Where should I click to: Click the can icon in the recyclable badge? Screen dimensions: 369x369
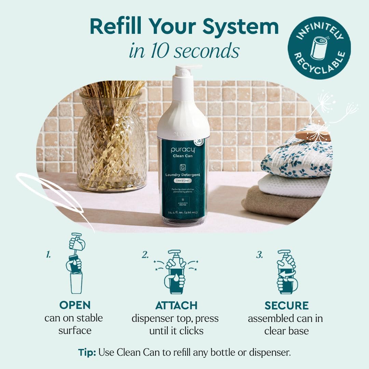pos(318,47)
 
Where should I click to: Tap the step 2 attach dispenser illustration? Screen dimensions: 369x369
pos(176,272)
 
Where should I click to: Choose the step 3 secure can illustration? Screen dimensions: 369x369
pos(286,272)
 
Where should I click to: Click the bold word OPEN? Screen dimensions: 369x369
pos(74,305)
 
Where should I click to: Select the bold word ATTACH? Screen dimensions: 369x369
pos(176,305)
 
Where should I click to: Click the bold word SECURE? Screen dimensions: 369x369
pos(286,305)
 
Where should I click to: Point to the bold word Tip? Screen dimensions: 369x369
pos(87,353)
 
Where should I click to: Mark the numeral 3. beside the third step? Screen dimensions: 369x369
pos(259,255)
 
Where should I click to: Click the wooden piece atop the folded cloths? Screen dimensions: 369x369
pos(313,135)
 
